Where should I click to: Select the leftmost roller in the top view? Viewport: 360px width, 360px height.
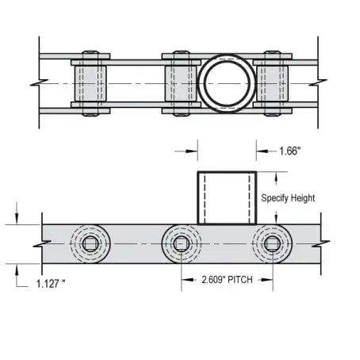tap(89, 82)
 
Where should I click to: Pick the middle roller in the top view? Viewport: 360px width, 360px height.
tap(181, 82)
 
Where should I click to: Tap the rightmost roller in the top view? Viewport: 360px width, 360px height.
tap(272, 82)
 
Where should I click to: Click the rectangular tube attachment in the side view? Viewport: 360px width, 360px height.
tap(226, 197)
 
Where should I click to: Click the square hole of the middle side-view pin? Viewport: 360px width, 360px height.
tap(181, 243)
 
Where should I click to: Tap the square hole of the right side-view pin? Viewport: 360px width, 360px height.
tap(272, 243)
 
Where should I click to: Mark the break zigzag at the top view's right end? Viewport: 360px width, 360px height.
tap(319, 82)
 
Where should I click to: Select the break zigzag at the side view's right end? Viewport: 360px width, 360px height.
tap(319, 243)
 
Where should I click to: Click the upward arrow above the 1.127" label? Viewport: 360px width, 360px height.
tap(17, 270)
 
